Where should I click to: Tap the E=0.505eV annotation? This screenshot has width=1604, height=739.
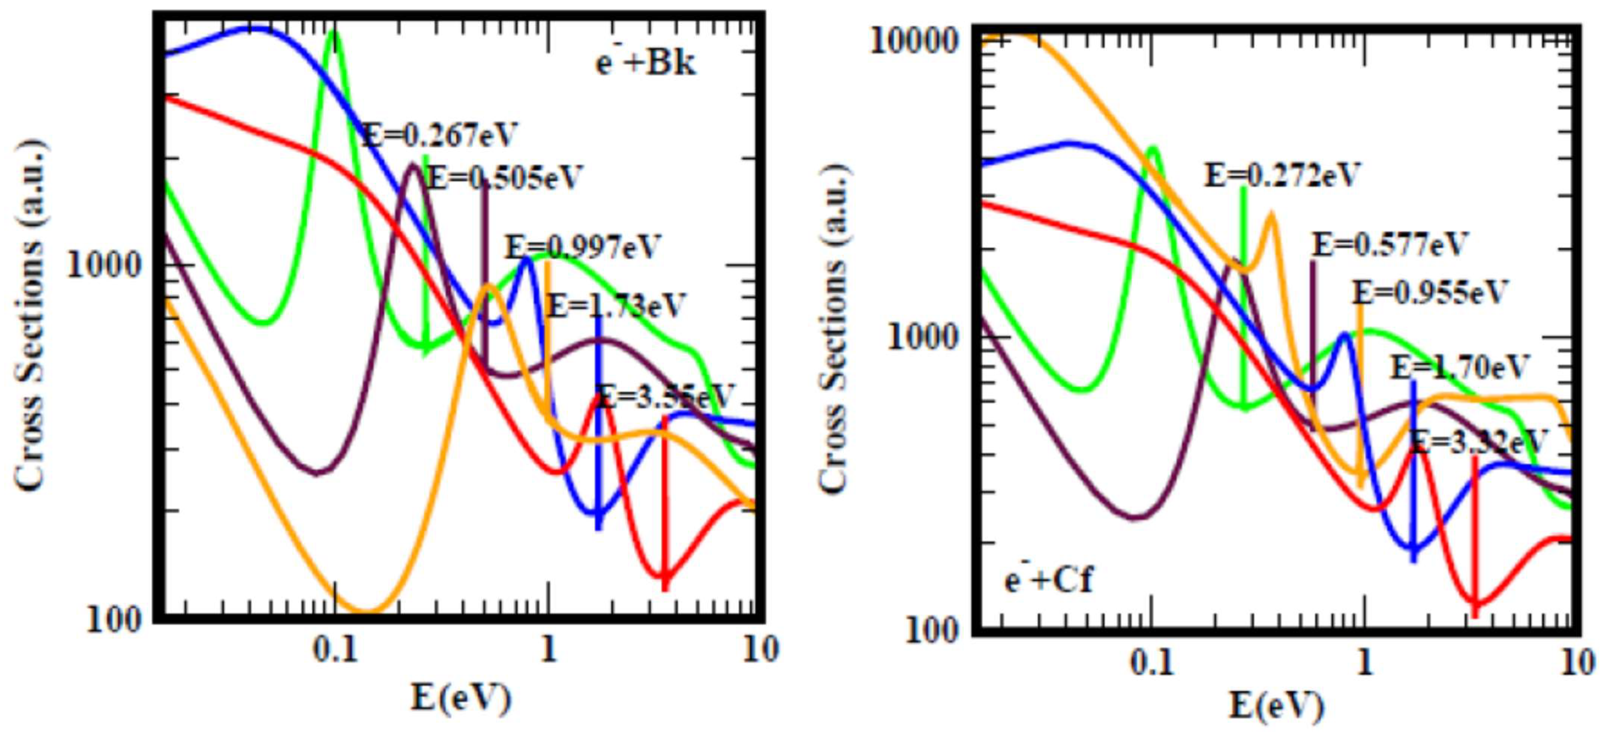click(x=504, y=178)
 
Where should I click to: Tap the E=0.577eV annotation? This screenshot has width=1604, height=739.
click(x=1390, y=244)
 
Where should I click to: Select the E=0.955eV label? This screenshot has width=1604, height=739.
click(x=1430, y=292)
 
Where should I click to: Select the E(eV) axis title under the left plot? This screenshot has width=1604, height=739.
click(x=461, y=697)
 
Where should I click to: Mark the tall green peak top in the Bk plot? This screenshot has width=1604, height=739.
click(x=334, y=34)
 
